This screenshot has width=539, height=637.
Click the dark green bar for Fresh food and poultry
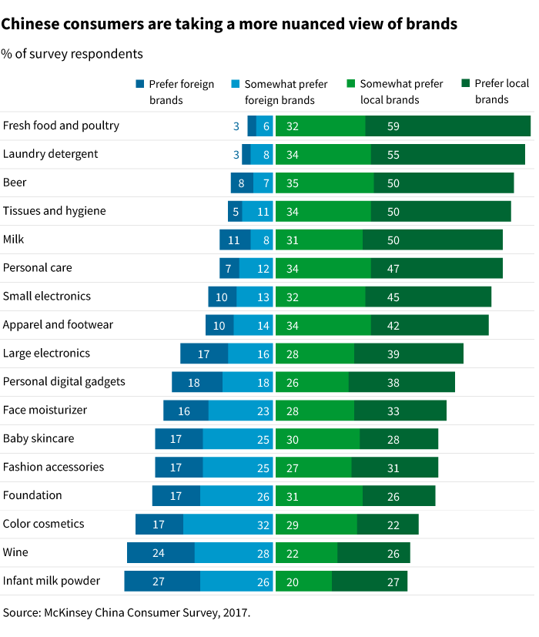pos(447,126)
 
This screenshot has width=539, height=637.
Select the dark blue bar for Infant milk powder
pos(162,582)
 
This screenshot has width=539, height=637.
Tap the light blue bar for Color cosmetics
pos(228,525)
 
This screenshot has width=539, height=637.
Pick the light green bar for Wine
pos(306,553)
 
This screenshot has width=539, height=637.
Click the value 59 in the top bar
pos(393,126)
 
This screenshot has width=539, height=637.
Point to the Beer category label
pos(15,183)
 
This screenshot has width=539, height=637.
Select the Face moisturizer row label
pos(45,411)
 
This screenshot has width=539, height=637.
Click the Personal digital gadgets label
pos(64,382)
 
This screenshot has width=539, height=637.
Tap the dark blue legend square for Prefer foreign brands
pos(139,84)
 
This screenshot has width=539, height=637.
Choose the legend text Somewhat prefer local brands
pos(401,92)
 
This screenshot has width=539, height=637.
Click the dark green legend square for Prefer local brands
pos(465,84)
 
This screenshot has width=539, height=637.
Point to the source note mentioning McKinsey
pos(126,613)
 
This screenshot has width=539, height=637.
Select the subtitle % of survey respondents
pos(72,54)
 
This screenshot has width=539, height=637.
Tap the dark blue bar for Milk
pos(235,240)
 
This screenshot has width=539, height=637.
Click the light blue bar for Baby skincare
pos(238,439)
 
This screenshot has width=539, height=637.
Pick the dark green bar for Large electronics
pos(409,354)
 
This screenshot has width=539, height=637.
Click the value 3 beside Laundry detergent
pos(236,155)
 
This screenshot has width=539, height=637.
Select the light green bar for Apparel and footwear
pos(323,325)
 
